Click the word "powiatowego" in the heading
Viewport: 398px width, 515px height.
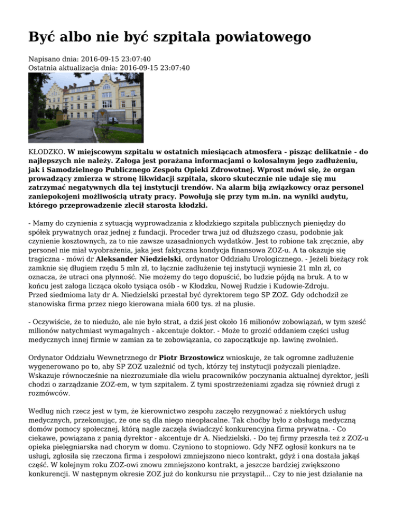[253, 37]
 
